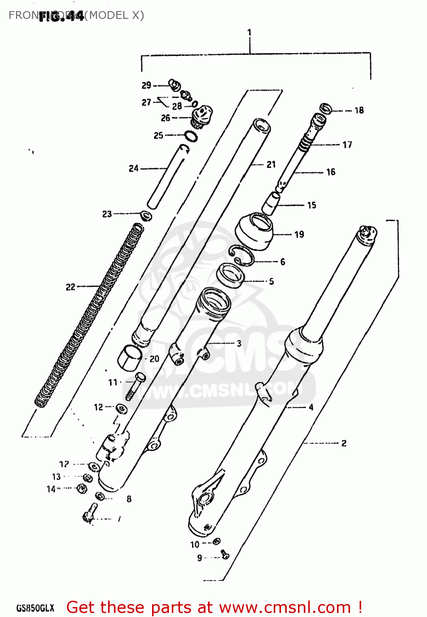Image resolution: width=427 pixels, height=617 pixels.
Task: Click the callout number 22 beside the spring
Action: click(x=71, y=287)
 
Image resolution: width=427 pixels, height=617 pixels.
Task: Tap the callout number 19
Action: click(x=299, y=234)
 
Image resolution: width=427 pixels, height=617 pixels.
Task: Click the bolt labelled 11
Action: click(x=134, y=387)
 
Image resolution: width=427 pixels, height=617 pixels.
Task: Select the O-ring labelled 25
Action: click(x=191, y=136)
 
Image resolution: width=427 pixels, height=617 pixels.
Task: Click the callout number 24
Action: click(x=134, y=168)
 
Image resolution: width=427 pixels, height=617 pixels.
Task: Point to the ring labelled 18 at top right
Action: click(x=325, y=109)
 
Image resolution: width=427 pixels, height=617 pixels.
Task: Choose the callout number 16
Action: click(x=331, y=172)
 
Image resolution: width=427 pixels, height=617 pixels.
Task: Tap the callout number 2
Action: click(x=344, y=443)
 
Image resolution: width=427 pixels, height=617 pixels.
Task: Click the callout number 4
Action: click(x=311, y=407)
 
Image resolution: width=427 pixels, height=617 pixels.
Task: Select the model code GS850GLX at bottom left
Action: click(x=35, y=608)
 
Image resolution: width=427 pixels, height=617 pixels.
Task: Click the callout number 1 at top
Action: click(x=249, y=32)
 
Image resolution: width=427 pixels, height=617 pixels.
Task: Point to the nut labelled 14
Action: click(x=82, y=489)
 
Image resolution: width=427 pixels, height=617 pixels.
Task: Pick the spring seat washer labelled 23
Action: click(x=146, y=215)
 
